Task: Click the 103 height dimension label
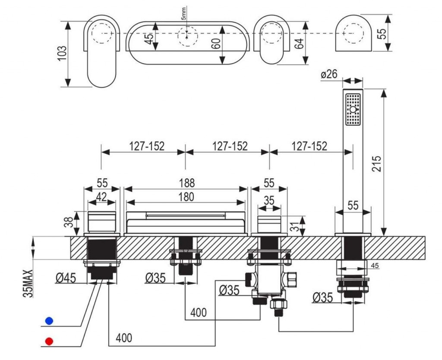point(62,54)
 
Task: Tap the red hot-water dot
point(49,342)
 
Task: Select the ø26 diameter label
point(329,74)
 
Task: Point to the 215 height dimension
point(377,164)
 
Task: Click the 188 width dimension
point(186,183)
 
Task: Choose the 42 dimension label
point(101,197)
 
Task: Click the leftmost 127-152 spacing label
point(146,146)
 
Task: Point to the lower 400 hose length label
point(123,337)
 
